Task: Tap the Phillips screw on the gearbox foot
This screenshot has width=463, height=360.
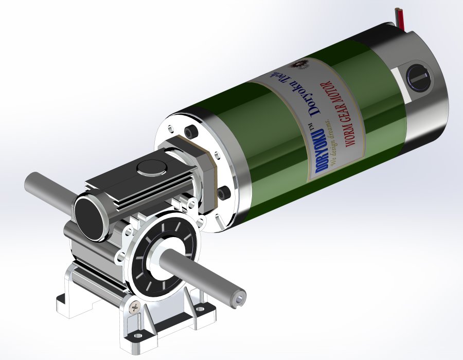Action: point(135,308)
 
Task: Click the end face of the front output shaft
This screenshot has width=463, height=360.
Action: point(239,297)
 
